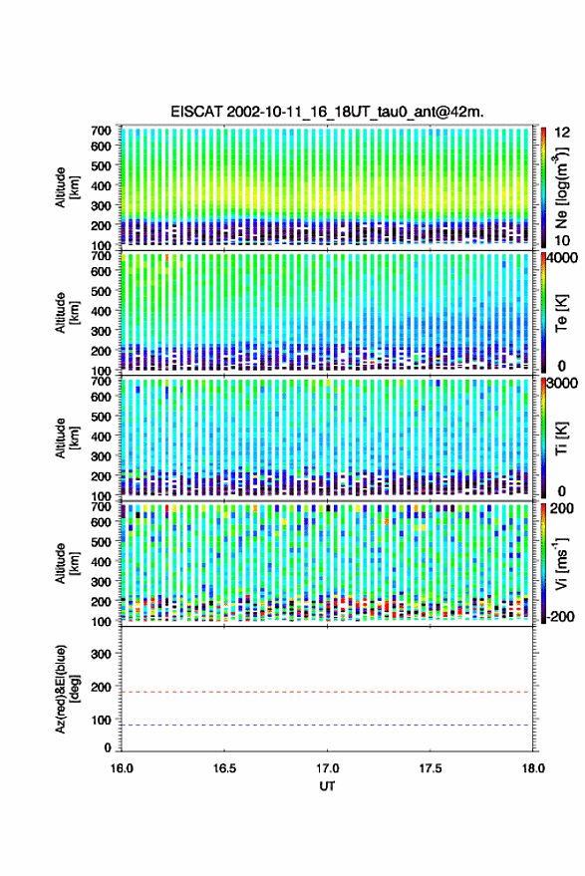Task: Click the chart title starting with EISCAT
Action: tap(327, 112)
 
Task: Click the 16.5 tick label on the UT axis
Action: tap(224, 768)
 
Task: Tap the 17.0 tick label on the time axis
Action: tap(327, 768)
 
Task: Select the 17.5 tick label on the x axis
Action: tap(430, 768)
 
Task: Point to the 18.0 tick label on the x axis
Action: tap(532, 768)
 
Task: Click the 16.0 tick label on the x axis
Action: tap(122, 768)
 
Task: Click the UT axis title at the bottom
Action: tap(327, 786)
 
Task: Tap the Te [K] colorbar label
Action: tap(561, 313)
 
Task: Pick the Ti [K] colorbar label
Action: tap(561, 438)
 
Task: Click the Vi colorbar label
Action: tap(561, 563)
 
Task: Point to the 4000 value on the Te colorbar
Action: tap(564, 257)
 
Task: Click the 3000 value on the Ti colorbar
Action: tap(564, 383)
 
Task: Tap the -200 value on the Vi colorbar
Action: tap(559, 616)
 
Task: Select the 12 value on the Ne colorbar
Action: tap(562, 133)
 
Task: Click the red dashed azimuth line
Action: tap(327, 692)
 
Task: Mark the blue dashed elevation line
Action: tap(327, 726)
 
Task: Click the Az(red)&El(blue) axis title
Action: tap(66, 689)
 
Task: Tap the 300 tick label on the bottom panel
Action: tap(101, 654)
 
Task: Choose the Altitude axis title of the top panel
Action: tap(66, 187)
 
